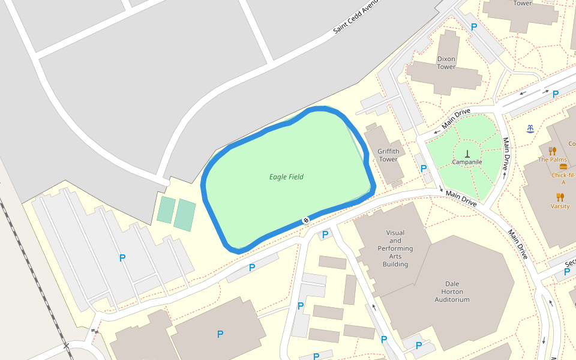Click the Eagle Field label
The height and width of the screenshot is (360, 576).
tap(286, 177)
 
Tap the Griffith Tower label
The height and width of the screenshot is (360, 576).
tap(388, 155)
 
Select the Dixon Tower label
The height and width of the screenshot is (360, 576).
tap(446, 63)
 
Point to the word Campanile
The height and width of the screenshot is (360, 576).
tap(467, 162)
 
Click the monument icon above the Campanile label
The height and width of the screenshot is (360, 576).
tap(467, 153)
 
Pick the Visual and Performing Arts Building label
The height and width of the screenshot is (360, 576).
tap(395, 248)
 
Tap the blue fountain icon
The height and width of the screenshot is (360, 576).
tap(530, 129)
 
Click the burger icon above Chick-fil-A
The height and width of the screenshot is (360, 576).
tap(563, 167)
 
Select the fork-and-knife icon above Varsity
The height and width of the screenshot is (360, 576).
tap(560, 197)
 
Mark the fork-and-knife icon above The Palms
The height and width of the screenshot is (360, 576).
tap(552, 151)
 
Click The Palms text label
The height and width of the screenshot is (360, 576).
tap(552, 160)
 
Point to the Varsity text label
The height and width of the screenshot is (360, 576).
tap(560, 206)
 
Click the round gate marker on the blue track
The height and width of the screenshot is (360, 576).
tap(305, 221)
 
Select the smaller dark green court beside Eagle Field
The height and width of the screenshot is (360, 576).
tap(166, 210)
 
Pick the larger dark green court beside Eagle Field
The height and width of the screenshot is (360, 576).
tap(185, 215)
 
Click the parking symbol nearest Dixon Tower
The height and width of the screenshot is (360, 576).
tap(474, 27)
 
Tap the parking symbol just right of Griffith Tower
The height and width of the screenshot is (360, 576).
tap(424, 169)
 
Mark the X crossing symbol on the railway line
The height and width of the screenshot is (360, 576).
tap(94, 331)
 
